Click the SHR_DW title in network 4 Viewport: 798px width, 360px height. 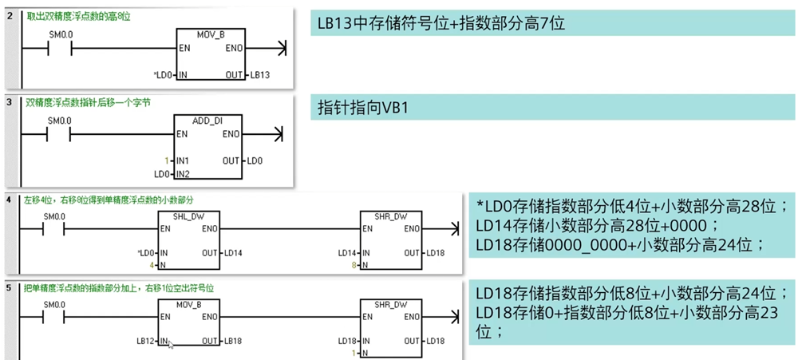point(391,216)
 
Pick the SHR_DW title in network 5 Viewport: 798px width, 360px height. point(391,304)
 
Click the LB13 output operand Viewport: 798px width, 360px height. point(260,75)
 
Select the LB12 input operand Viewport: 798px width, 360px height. point(146,341)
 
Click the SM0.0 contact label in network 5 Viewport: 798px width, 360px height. point(54,304)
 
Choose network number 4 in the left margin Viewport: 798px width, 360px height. point(10,199)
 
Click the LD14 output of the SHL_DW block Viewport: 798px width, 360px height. point(236,253)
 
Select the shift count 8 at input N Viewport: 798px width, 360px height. point(353,263)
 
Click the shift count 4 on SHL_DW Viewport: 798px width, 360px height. point(152,263)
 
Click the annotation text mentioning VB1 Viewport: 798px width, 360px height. point(363,107)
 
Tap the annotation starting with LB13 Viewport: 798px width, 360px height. point(440,23)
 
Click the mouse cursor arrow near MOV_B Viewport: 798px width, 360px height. point(171,344)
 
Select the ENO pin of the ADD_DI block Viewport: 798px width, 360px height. point(231,134)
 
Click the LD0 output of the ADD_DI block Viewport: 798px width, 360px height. point(255,160)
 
